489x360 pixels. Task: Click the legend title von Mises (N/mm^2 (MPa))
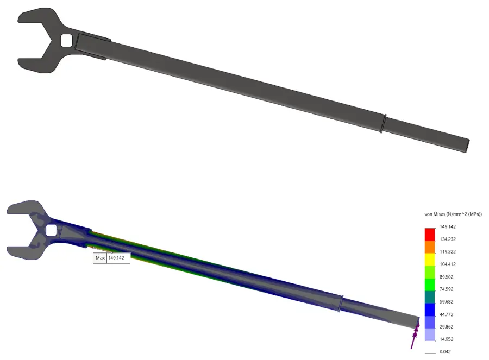pos(453,214)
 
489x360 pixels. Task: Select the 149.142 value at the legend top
pos(447,227)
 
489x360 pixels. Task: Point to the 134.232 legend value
pos(447,239)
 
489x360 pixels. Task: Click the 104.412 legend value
pos(447,264)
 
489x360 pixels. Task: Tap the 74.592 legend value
pos(447,289)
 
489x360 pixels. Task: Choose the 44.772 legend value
pos(447,314)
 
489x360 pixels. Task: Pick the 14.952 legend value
pos(447,339)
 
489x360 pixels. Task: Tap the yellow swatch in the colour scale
pos(430,259)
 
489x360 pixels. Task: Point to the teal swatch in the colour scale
pos(430,296)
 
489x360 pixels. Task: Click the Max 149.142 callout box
pos(112,258)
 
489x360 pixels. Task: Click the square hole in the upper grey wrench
pos(67,41)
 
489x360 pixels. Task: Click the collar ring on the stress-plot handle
pos(341,304)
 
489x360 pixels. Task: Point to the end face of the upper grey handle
pos(467,145)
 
